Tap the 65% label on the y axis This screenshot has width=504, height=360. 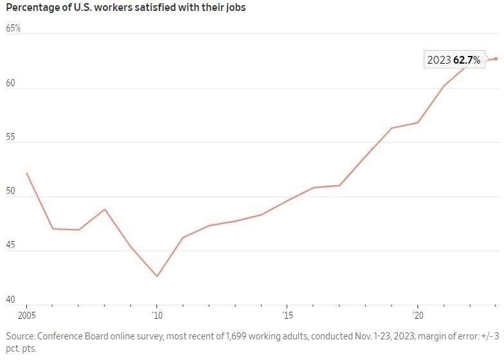click(14, 29)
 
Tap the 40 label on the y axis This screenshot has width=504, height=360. click(11, 300)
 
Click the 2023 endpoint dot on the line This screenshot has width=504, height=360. click(496, 59)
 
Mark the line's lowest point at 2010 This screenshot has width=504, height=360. click(157, 276)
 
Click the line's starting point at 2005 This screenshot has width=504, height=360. click(26, 173)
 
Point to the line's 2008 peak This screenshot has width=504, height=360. click(105, 209)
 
